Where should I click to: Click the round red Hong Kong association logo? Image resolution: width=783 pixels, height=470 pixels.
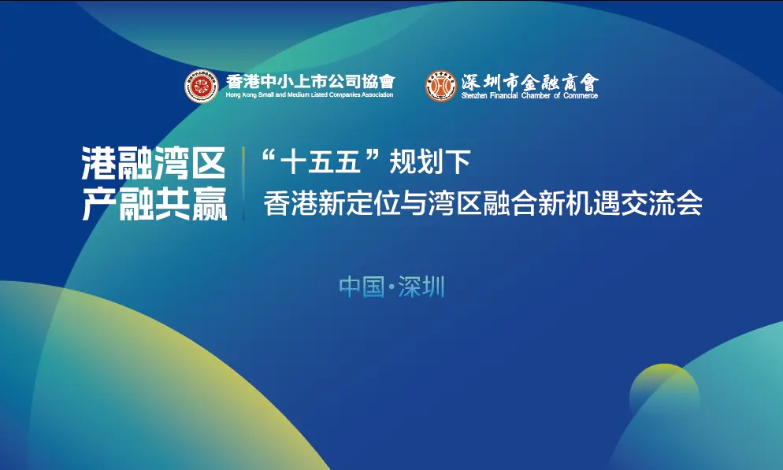click(x=201, y=86)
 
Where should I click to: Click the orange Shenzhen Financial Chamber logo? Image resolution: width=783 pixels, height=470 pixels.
click(x=441, y=86)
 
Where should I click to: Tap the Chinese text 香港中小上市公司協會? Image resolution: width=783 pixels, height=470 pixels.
click(x=309, y=80)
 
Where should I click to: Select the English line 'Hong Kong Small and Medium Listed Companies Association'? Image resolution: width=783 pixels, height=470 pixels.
click(x=309, y=95)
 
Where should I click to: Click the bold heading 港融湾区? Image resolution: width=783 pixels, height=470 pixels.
click(x=154, y=164)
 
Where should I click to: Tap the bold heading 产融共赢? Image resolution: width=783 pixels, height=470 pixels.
click(x=154, y=205)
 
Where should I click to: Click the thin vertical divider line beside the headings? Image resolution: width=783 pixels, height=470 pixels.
click(x=243, y=183)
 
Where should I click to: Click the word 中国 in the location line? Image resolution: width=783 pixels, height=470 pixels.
click(x=361, y=287)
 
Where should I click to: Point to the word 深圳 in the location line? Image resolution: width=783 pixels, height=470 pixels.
click(x=421, y=287)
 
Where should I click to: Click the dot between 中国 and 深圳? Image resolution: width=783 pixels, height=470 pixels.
click(x=391, y=287)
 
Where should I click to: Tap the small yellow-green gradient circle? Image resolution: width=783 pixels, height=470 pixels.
click(x=664, y=391)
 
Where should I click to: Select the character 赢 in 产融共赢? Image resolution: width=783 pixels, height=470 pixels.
click(x=210, y=205)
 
